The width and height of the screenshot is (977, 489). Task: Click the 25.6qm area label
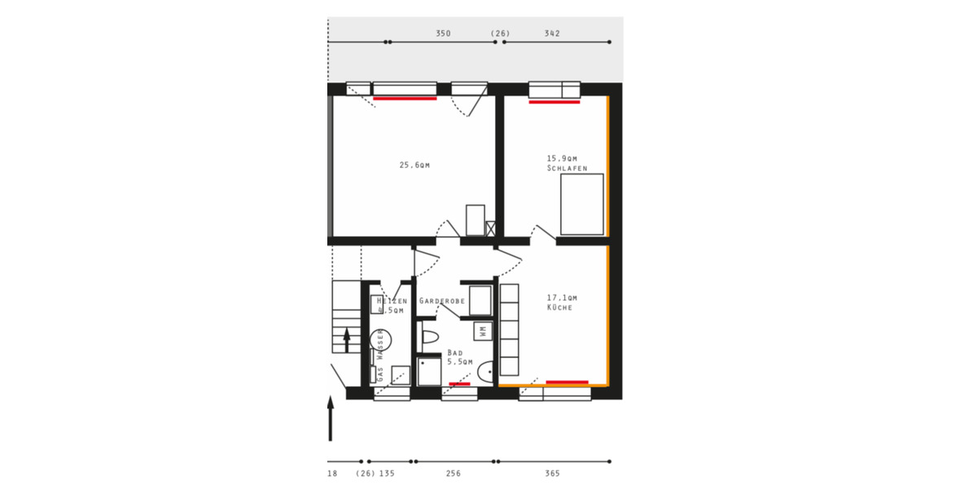click(414, 165)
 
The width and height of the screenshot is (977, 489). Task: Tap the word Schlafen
click(567, 168)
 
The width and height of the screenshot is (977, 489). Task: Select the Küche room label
click(559, 308)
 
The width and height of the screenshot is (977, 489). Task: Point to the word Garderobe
click(442, 302)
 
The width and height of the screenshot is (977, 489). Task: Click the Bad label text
click(454, 353)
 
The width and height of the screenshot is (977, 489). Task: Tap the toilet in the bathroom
click(429, 336)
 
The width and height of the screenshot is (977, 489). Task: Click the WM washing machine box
click(483, 331)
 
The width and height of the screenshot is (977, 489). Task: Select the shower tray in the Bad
click(429, 371)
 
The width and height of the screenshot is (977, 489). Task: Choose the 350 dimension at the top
click(443, 34)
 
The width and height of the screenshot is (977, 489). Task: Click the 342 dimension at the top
click(552, 34)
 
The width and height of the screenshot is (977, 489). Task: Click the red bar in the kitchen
click(567, 381)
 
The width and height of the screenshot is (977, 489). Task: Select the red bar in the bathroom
click(459, 383)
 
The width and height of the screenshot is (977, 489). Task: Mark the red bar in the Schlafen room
click(554, 102)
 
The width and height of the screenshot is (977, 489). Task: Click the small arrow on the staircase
click(348, 339)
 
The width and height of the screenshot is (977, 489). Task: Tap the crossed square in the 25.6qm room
click(490, 229)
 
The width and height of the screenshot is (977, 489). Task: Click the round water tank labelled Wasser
click(380, 340)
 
